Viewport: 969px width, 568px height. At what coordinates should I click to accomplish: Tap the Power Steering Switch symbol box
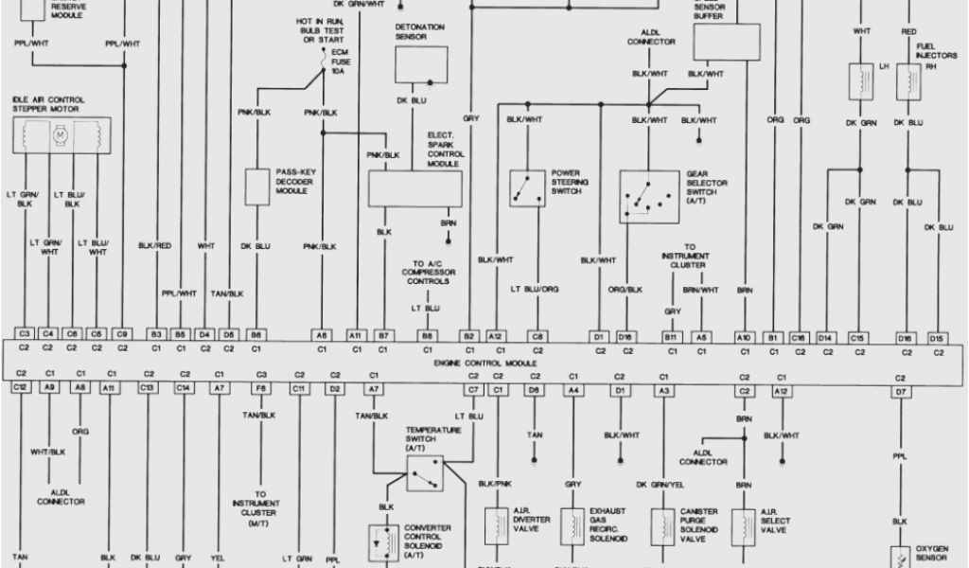tap(525, 187)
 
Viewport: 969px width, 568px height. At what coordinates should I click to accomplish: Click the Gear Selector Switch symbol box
tap(649, 197)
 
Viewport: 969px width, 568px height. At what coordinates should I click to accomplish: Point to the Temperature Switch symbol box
tap(425, 471)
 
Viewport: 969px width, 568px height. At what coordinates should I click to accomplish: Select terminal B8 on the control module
tap(428, 335)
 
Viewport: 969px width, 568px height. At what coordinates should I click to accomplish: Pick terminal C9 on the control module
tap(122, 334)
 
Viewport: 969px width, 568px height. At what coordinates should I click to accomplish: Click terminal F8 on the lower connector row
tap(260, 388)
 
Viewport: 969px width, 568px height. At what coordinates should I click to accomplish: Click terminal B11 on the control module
tap(671, 335)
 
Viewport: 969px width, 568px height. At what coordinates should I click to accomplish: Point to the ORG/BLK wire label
tap(625, 289)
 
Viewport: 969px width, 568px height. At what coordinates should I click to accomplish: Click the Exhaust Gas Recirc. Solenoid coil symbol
tap(572, 524)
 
